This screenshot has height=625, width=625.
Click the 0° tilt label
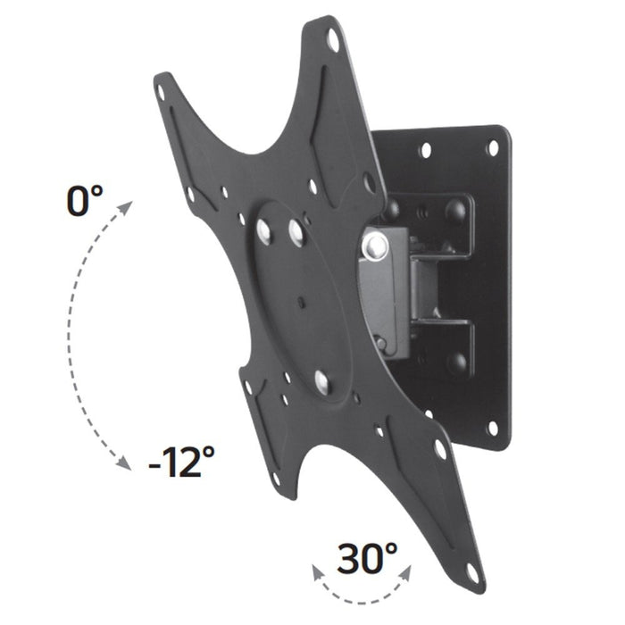[x=86, y=200]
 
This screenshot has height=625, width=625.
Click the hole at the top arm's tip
[x=333, y=39]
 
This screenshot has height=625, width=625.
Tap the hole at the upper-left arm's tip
[x=162, y=90]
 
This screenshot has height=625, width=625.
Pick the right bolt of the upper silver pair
[x=294, y=234]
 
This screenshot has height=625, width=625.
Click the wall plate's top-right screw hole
[x=491, y=148]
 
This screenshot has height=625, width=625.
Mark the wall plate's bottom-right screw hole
[x=493, y=429]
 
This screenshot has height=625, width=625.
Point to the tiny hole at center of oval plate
[x=301, y=300]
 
